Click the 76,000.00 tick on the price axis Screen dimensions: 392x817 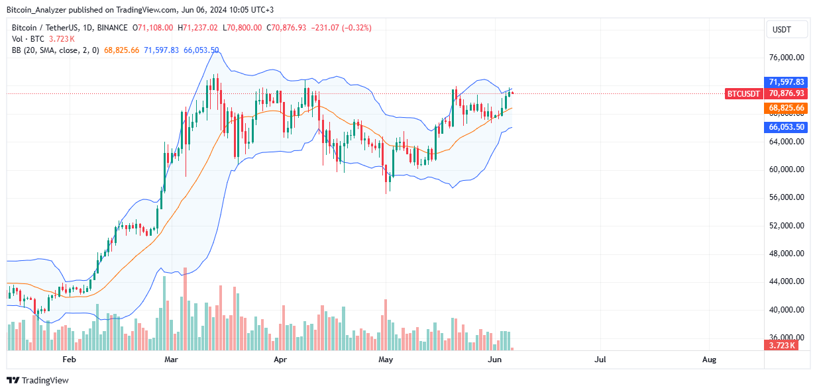click(x=787, y=58)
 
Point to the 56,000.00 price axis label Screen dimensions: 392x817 click(x=787, y=197)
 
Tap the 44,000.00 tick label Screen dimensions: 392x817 click(x=787, y=281)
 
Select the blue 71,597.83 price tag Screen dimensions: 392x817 click(x=787, y=81)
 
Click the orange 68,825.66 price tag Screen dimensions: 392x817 click(x=787, y=107)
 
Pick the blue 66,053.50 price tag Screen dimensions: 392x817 click(x=787, y=127)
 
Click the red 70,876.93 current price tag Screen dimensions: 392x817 click(x=787, y=94)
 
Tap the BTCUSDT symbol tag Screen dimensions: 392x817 click(x=743, y=94)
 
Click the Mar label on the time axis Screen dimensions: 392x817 click(x=172, y=360)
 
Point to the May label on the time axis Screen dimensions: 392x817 click(x=386, y=360)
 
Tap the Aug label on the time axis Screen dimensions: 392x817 click(x=709, y=360)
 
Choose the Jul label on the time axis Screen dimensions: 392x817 click(x=600, y=360)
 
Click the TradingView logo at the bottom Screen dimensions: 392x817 click(x=38, y=380)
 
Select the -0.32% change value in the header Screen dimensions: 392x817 click(x=358, y=28)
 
